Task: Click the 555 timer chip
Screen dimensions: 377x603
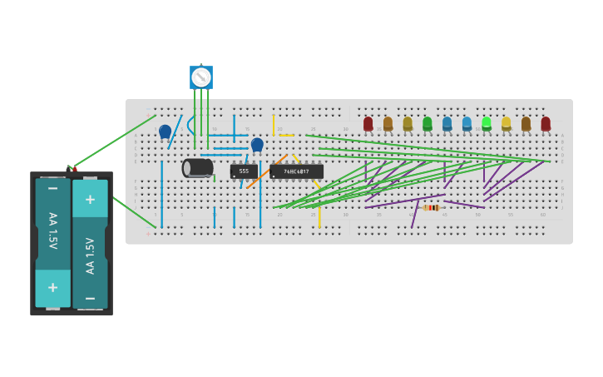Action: [244, 171]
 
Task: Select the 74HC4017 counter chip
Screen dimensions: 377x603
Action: [296, 171]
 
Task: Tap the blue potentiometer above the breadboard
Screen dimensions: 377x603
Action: [201, 77]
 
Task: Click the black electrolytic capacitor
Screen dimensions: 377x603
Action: [198, 168]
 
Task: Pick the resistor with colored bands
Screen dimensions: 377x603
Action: [431, 207]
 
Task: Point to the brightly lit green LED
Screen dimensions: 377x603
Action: [487, 123]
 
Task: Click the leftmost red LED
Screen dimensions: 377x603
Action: [368, 124]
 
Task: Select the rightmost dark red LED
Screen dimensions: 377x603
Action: [546, 124]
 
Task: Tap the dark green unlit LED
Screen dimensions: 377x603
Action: [428, 124]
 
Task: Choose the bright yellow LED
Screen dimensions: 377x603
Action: [506, 124]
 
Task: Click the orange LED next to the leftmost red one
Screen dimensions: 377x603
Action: [388, 124]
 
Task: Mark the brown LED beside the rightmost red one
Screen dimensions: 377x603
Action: [526, 124]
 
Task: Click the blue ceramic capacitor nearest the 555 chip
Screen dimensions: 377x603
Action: [257, 145]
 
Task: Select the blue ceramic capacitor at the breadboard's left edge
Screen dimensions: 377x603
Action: [165, 131]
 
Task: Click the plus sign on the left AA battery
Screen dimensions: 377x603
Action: [52, 287]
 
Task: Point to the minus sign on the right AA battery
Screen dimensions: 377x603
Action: [90, 297]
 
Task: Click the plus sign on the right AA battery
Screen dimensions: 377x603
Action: [90, 200]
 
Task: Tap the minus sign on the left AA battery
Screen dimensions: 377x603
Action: [52, 189]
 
